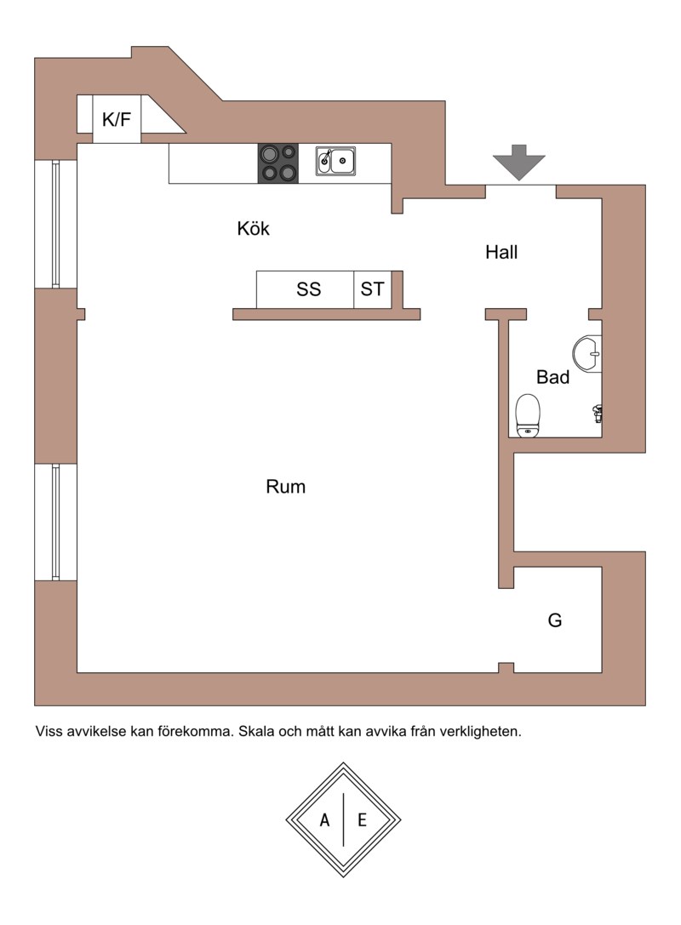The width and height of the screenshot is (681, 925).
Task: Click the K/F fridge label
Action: point(117,119)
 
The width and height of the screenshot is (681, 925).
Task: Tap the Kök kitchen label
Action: point(253,228)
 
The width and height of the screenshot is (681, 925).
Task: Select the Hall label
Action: point(501,252)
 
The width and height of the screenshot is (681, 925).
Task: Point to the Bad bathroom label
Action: point(553,377)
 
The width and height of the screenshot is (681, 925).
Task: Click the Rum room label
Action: point(286,487)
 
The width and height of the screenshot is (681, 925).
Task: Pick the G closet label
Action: point(555,620)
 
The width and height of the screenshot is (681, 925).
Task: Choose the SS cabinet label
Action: point(309,289)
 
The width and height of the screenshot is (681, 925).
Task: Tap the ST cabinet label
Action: point(372,289)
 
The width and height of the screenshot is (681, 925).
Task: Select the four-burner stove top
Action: point(278,163)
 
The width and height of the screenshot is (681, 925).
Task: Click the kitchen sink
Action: point(335,161)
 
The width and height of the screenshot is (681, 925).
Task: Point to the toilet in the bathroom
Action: point(528,416)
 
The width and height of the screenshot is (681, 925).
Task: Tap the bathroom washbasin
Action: point(587,354)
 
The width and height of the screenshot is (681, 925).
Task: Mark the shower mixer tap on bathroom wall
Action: point(598,414)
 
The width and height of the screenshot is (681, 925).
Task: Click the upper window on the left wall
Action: point(56,224)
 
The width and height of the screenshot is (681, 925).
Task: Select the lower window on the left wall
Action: point(56,522)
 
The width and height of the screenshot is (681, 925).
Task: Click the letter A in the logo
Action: point(324,820)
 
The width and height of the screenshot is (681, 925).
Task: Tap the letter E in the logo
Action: point(362,820)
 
